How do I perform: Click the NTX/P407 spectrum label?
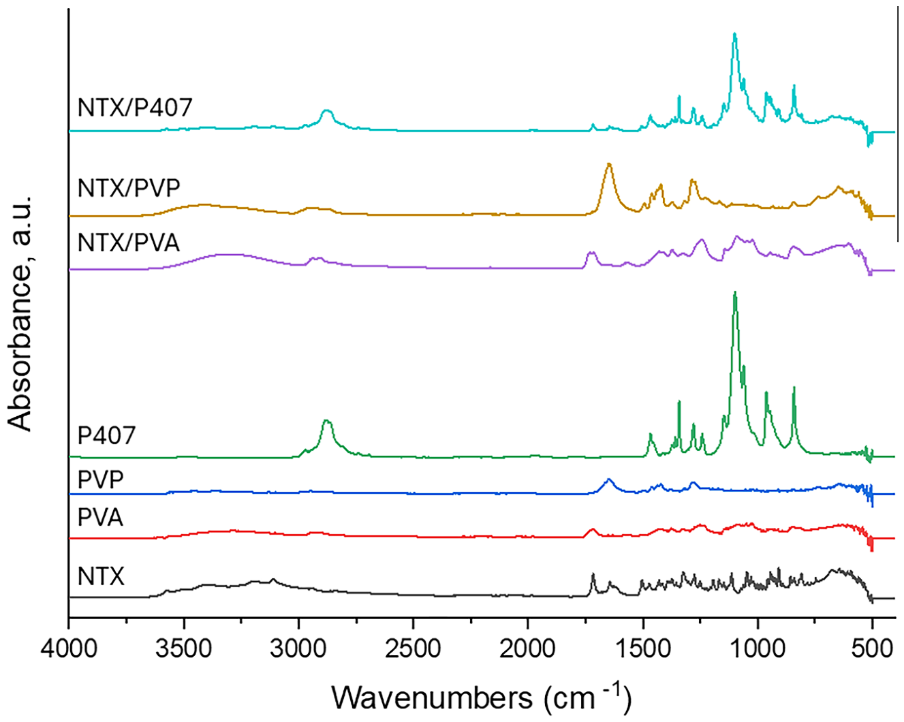(135, 107)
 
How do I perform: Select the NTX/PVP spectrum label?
(129, 187)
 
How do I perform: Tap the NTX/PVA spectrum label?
(129, 242)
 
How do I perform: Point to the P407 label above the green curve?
(106, 435)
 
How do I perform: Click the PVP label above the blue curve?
(101, 480)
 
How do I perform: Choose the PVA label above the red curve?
(101, 518)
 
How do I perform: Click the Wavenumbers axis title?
(482, 697)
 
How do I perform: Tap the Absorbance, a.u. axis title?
(21, 313)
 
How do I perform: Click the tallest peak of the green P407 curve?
(734, 293)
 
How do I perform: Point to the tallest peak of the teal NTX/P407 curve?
(734, 33)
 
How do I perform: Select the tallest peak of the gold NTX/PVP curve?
(609, 164)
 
